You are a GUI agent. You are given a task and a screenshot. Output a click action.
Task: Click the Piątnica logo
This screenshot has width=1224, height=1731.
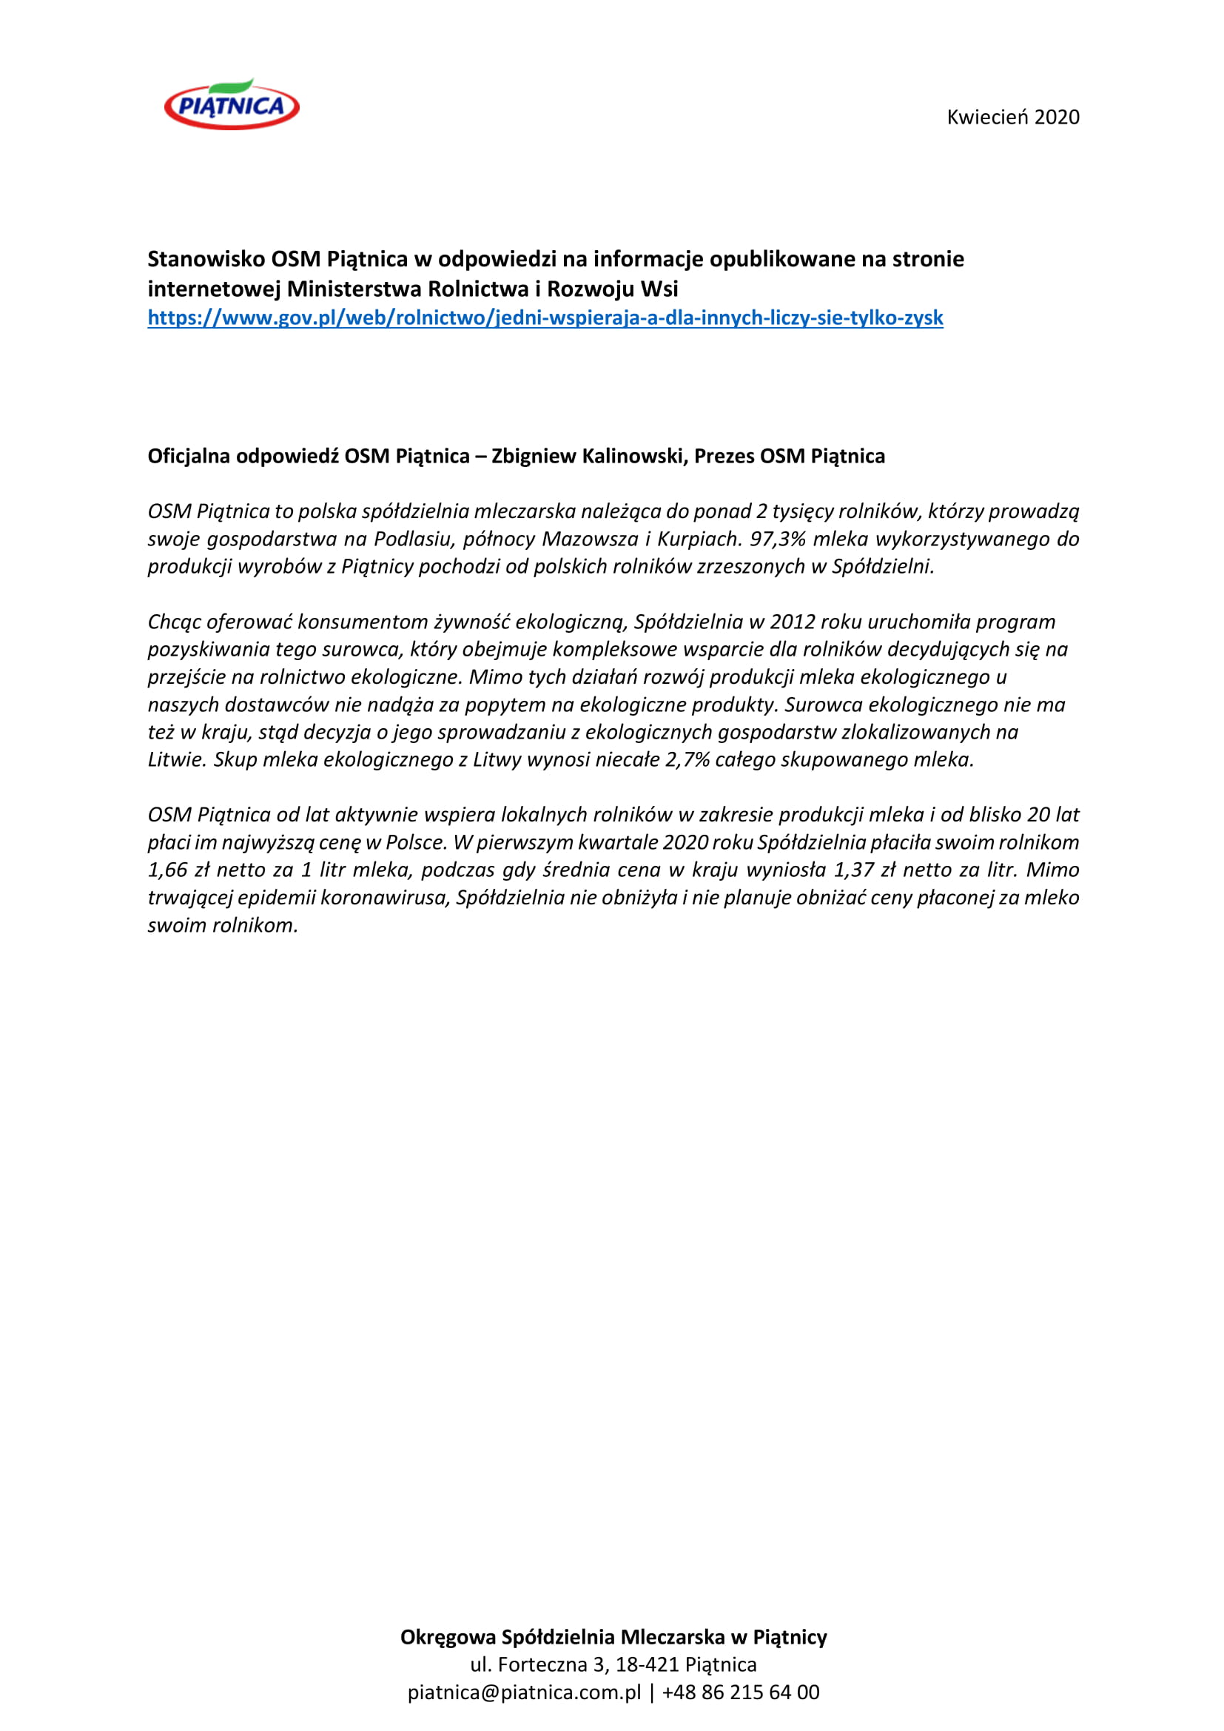[232, 106]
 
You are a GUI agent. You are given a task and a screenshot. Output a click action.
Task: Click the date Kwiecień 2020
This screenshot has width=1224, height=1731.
[1012, 117]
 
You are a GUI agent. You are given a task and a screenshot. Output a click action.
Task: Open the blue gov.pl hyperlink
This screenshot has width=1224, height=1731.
[545, 318]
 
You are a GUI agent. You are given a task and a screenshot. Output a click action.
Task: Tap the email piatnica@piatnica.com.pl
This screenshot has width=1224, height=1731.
[524, 1693]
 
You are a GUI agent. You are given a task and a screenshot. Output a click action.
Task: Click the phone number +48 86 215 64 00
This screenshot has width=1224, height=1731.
[740, 1693]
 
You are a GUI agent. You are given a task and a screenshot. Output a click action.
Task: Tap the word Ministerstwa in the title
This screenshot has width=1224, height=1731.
[354, 289]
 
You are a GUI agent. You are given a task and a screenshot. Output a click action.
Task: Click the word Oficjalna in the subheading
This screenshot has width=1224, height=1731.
[189, 456]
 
